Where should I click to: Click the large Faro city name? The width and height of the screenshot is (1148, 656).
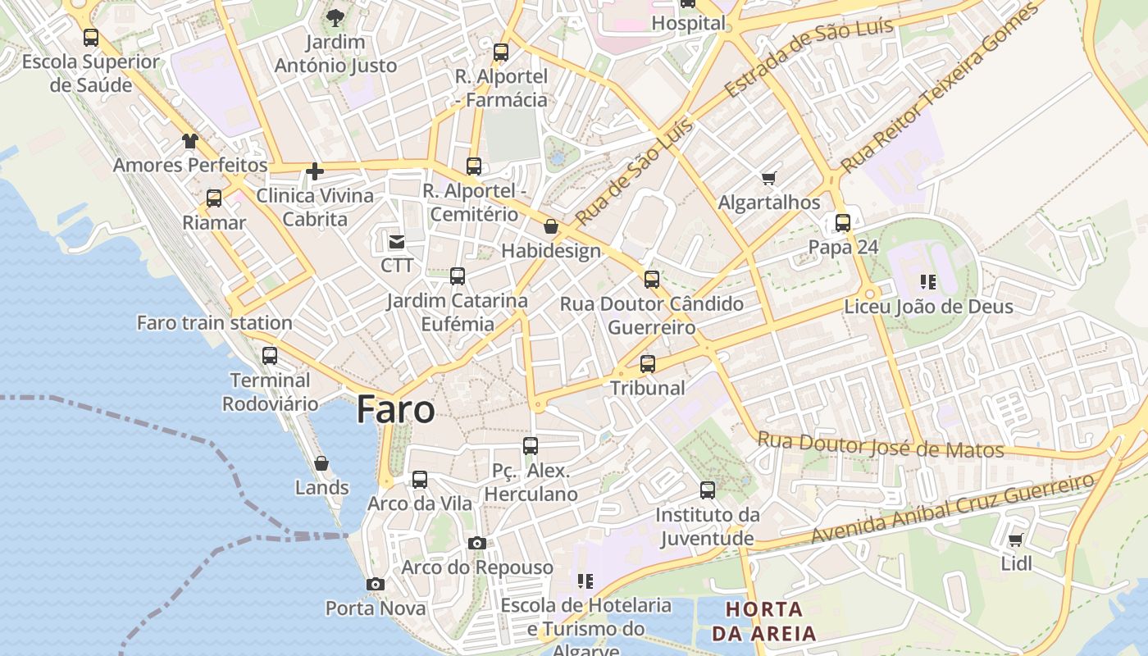pyautogui.click(x=395, y=410)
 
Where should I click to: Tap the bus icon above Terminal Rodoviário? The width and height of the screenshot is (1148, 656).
pyautogui.click(x=270, y=356)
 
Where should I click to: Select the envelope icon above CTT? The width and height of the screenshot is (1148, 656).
pyautogui.click(x=397, y=241)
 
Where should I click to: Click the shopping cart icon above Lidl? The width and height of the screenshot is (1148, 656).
pyautogui.click(x=1016, y=540)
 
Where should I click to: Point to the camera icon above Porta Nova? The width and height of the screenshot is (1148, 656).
pyautogui.click(x=376, y=584)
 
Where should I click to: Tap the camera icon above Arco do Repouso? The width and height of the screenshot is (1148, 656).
pyautogui.click(x=477, y=543)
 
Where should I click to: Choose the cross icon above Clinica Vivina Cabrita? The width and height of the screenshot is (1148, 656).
pyautogui.click(x=314, y=171)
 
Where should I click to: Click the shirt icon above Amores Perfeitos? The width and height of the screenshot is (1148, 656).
pyautogui.click(x=190, y=140)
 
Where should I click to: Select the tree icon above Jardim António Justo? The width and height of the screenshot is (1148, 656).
pyautogui.click(x=335, y=17)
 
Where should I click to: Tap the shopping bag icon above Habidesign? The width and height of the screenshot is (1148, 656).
pyautogui.click(x=551, y=226)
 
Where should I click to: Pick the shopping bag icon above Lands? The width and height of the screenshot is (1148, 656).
pyautogui.click(x=321, y=463)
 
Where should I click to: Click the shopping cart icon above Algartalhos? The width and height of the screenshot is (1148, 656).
pyautogui.click(x=768, y=178)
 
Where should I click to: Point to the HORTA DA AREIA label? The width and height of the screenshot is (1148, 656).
pyautogui.click(x=764, y=621)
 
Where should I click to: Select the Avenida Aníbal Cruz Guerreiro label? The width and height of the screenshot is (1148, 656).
pyautogui.click(x=953, y=508)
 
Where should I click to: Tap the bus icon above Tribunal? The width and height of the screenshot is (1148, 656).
pyautogui.click(x=648, y=363)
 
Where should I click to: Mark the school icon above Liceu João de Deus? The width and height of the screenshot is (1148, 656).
pyautogui.click(x=928, y=282)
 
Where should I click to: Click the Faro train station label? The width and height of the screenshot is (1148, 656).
pyautogui.click(x=214, y=322)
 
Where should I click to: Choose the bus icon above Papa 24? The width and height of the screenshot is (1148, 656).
pyautogui.click(x=843, y=222)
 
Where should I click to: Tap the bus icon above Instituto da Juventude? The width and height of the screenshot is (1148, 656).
pyautogui.click(x=708, y=490)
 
